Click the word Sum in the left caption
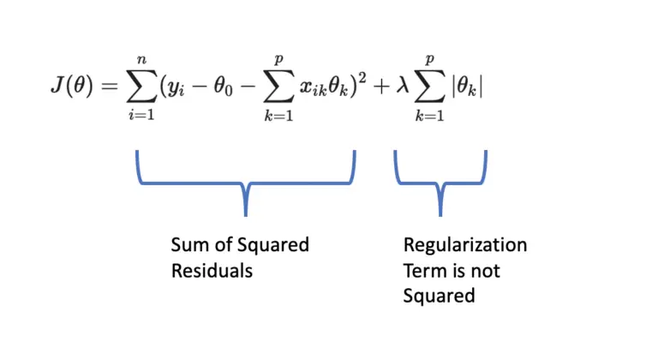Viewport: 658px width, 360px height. point(188,246)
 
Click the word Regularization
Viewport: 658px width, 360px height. point(465,247)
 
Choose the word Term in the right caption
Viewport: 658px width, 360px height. point(422,271)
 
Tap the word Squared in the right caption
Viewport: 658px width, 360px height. point(440,296)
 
